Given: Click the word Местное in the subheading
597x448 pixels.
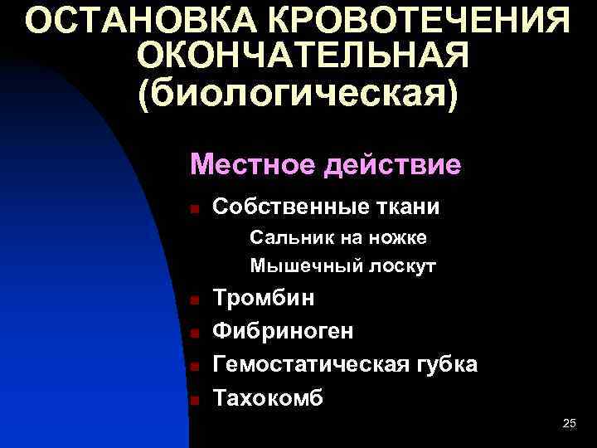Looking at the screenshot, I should pyautogui.click(x=250, y=164).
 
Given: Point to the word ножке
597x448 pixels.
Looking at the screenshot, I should pyautogui.click(x=397, y=239).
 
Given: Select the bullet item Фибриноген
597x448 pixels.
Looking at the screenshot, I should pyautogui.click(x=284, y=332).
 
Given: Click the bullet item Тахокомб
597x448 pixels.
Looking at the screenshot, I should pyautogui.click(x=269, y=398).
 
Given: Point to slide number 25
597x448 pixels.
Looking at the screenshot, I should pyautogui.click(x=569, y=424).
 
